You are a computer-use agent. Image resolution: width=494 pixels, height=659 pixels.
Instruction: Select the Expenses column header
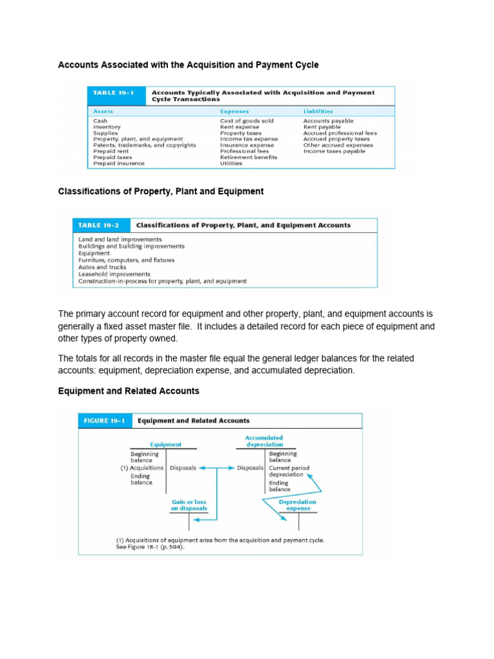(234, 111)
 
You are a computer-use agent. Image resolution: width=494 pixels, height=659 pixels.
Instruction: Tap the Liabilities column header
(318, 111)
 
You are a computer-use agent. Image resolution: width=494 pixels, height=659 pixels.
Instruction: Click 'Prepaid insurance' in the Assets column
(118, 163)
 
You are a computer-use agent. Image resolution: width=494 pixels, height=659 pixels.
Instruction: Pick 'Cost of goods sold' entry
(246, 121)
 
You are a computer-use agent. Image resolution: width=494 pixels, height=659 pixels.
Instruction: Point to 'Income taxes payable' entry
(334, 151)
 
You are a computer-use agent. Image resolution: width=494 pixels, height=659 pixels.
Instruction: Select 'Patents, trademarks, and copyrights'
(144, 145)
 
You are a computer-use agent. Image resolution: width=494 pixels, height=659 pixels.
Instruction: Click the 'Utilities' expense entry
(231, 163)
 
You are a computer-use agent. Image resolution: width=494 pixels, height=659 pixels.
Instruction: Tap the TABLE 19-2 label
(98, 225)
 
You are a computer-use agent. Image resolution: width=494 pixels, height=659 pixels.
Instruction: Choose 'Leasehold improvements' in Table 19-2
(114, 274)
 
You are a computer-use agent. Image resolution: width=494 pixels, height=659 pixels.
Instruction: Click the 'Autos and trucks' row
(102, 267)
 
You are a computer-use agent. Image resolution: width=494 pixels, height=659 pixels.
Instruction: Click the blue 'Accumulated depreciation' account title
(264, 441)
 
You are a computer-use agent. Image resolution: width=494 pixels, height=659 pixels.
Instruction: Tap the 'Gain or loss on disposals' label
(189, 505)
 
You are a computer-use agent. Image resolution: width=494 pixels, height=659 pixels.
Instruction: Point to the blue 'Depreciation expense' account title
(297, 505)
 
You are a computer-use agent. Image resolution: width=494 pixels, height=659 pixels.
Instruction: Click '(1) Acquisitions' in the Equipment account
(142, 468)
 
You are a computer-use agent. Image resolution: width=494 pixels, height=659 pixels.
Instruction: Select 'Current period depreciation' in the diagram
(289, 471)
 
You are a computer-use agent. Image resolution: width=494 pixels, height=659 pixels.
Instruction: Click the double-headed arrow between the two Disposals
(216, 468)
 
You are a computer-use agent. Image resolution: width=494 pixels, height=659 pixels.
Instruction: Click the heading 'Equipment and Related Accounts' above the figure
(129, 391)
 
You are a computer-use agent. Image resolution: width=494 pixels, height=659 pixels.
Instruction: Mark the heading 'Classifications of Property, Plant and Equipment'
(161, 191)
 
